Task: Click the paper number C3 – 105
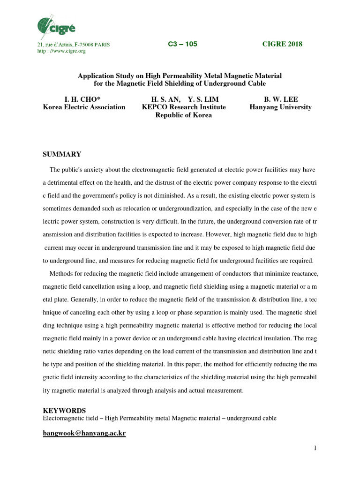pos(182,44)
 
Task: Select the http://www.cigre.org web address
pos(61,51)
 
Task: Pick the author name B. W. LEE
pos(281,99)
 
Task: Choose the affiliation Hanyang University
pos(281,107)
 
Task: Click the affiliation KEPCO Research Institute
pos(184,107)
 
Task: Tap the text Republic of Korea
pos(184,115)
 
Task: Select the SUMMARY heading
pos(62,154)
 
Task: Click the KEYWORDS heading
pos(64,411)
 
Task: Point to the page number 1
pos(315,449)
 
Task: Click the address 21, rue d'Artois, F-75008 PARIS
pos(73,45)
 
